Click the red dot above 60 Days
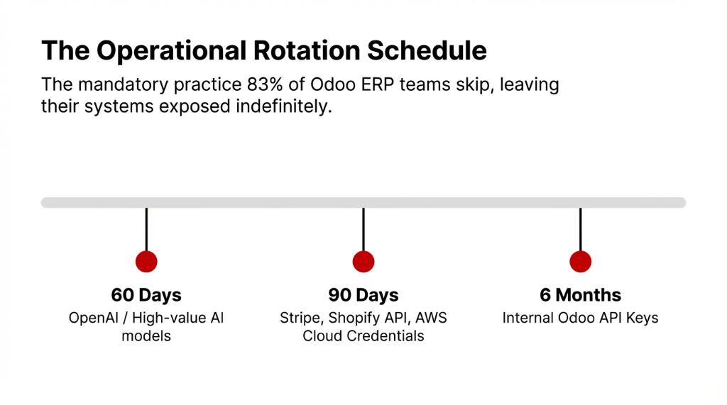[146, 261]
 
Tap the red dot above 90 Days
[363, 261]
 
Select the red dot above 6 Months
[581, 261]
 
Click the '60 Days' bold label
[146, 295]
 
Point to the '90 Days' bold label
[363, 295]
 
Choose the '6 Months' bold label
[581, 295]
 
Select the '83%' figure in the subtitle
[239, 85]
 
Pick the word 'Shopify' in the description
[351, 318]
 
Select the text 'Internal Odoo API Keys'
[581, 318]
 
